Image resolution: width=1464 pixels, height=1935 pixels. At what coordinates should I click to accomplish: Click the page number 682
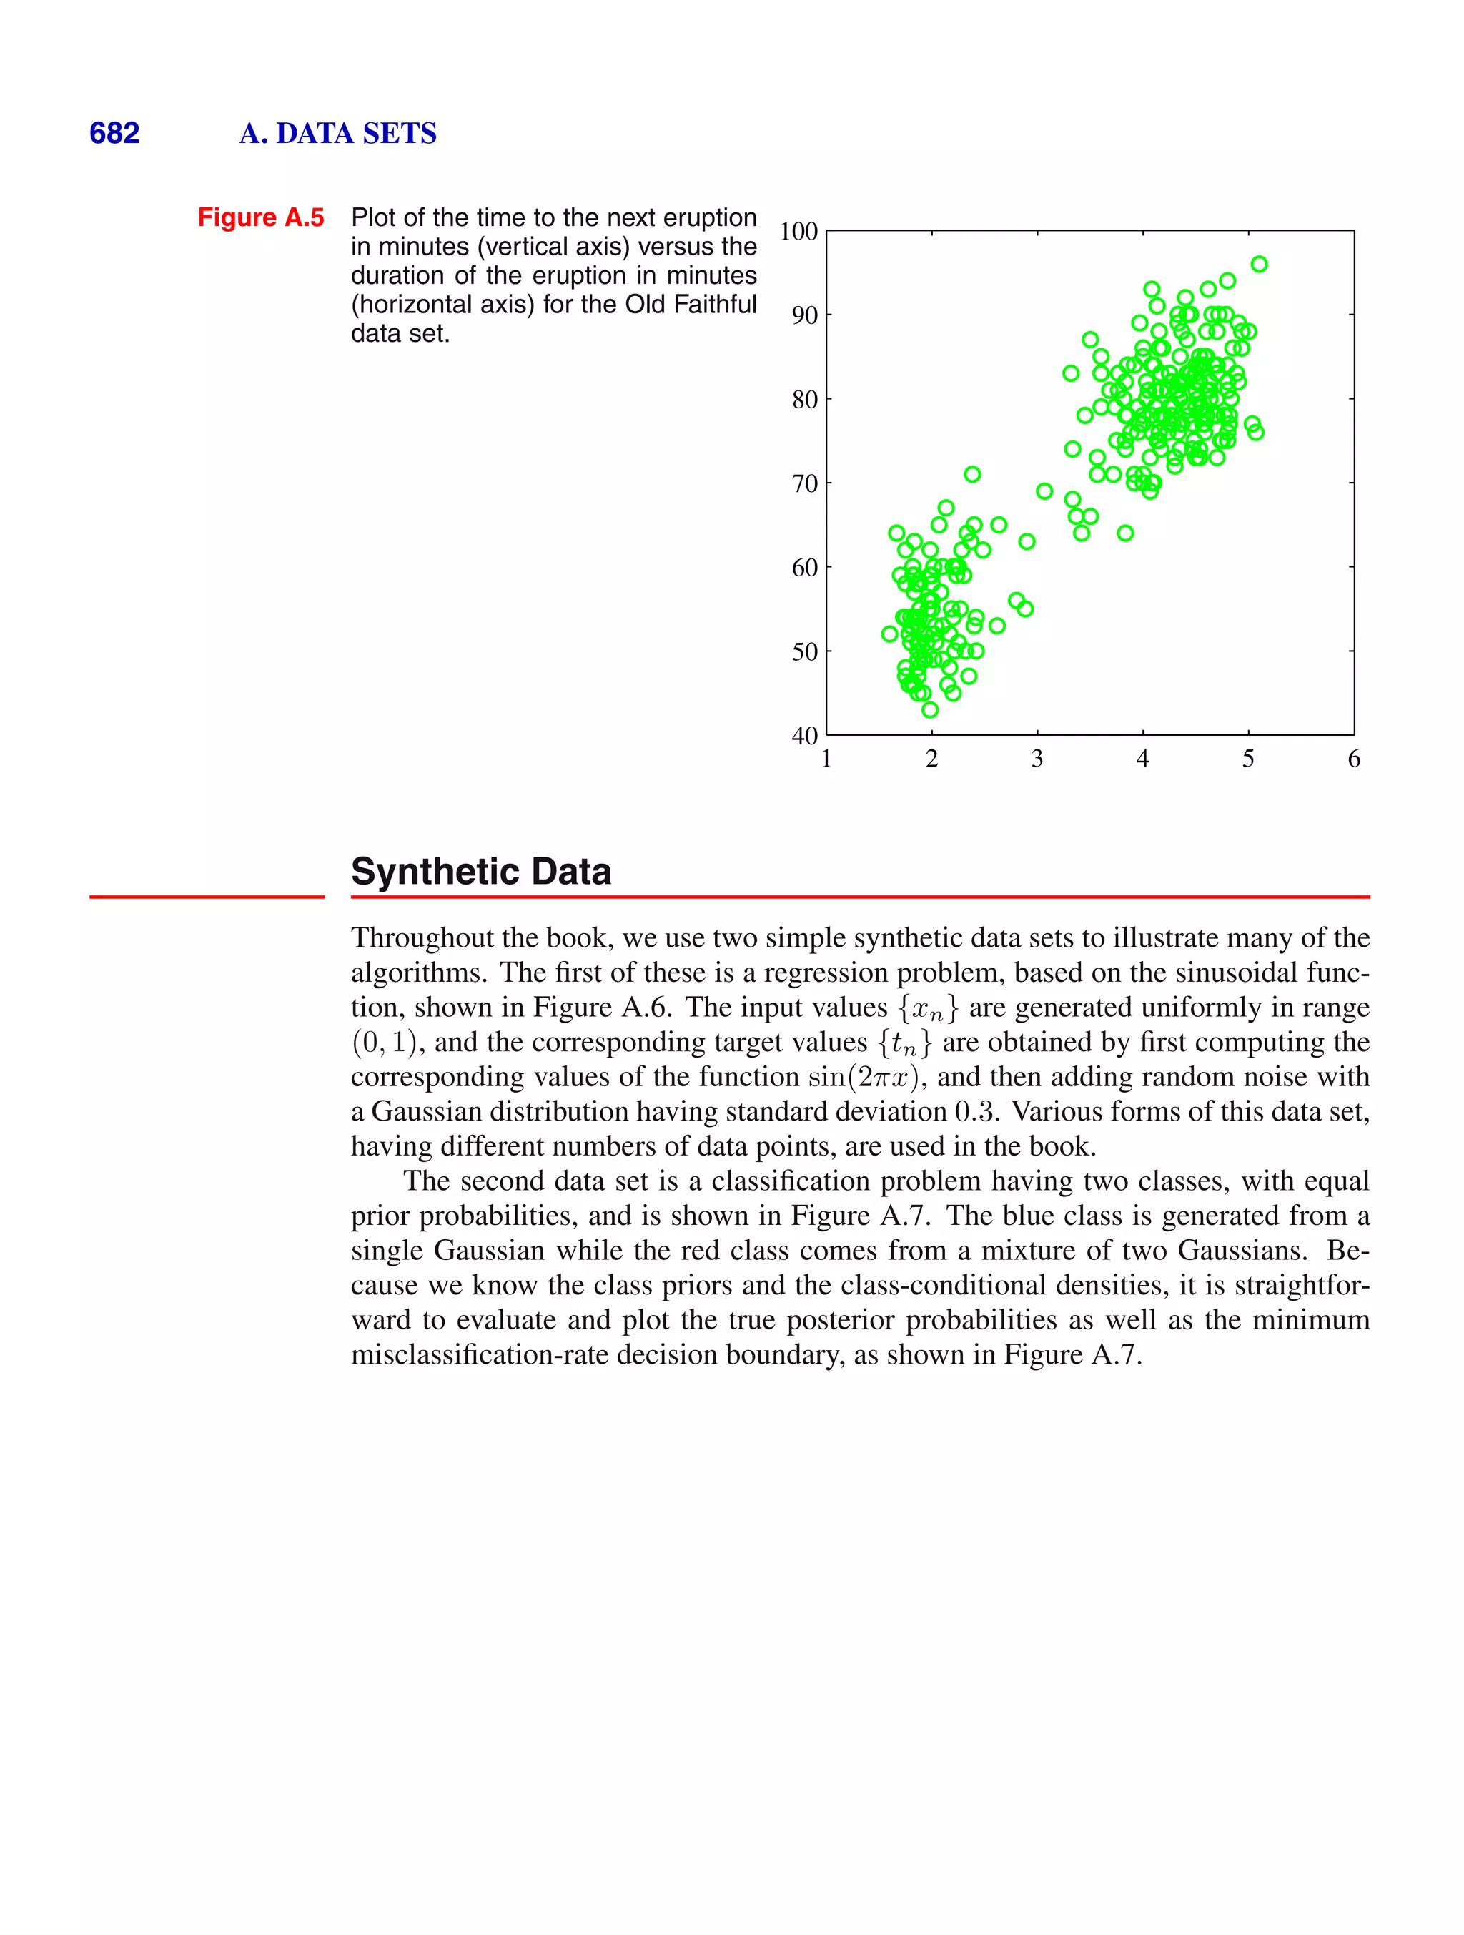point(114,133)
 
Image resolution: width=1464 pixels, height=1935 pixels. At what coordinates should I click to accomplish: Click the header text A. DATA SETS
point(337,133)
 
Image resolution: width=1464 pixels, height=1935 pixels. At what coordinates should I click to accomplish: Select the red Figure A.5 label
point(261,217)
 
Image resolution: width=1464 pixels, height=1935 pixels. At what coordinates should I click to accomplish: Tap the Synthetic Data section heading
point(480,871)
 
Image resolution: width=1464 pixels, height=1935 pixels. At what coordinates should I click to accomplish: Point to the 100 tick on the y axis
point(798,232)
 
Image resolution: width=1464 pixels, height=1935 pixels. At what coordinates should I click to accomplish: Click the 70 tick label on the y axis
point(805,483)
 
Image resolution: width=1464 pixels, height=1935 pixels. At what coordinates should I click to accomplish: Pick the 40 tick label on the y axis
point(805,736)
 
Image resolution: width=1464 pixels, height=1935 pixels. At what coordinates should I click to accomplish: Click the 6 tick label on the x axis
point(1354,759)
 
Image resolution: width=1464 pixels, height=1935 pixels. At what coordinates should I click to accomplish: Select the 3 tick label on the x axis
point(1037,759)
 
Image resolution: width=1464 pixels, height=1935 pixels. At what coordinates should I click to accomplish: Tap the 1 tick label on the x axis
point(826,759)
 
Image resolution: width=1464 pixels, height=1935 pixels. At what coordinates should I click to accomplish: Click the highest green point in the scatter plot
point(1258,264)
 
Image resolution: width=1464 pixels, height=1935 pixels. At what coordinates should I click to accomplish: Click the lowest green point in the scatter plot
point(929,709)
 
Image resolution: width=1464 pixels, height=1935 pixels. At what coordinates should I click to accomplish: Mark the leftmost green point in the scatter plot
point(889,634)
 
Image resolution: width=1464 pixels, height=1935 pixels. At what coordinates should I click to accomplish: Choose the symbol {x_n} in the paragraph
point(928,1008)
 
